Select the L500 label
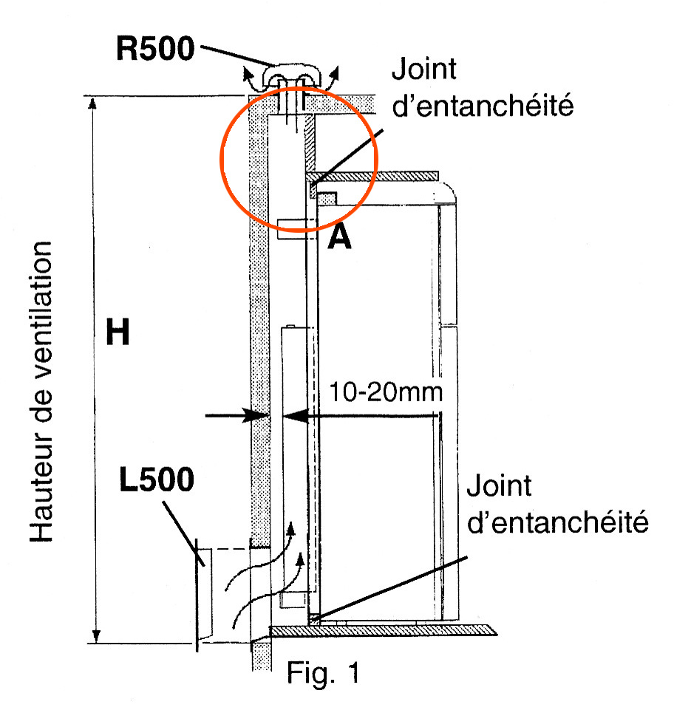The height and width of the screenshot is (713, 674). tap(157, 480)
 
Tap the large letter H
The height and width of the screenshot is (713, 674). tap(118, 334)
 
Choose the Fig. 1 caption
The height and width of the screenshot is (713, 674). tap(324, 673)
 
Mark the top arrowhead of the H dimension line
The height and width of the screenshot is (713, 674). tap(93, 104)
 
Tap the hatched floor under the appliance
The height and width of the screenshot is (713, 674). tap(384, 630)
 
